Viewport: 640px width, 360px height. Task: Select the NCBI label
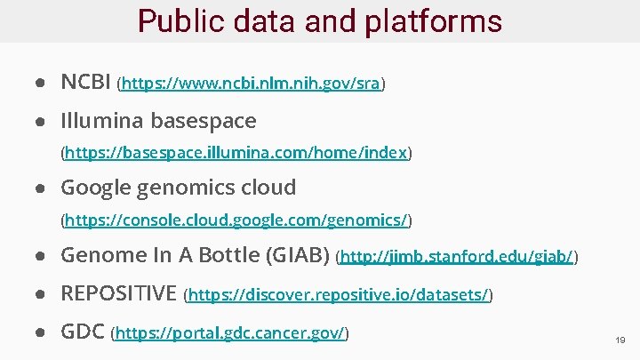point(85,83)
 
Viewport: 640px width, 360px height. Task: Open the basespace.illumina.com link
point(236,153)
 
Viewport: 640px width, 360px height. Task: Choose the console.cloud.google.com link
point(236,220)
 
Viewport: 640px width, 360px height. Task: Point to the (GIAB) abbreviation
point(299,255)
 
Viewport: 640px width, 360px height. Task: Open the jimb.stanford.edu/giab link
point(458,258)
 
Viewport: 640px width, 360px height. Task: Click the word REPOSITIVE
point(118,293)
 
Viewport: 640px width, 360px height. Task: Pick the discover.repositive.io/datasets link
point(339,295)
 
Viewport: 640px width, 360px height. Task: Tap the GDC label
point(81,332)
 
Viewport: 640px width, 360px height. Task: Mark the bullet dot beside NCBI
point(41,84)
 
